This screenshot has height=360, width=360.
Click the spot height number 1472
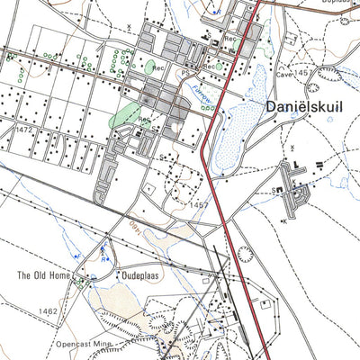24,131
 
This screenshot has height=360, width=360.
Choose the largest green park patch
126,116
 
